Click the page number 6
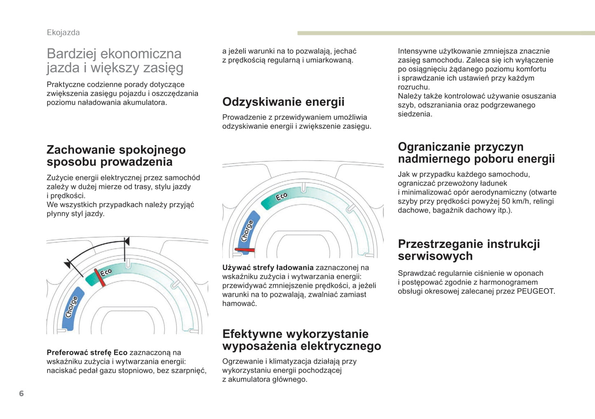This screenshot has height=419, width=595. (21, 394)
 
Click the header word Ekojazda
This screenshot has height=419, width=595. (63, 32)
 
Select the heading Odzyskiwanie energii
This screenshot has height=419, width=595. (283, 102)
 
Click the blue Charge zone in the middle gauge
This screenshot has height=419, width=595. (248, 230)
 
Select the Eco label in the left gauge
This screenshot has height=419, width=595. (106, 272)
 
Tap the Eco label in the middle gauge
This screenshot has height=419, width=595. (281, 196)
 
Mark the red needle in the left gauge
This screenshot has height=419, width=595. (100, 278)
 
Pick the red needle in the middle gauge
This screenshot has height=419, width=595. (245, 250)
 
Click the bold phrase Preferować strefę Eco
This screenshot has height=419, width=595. (87, 352)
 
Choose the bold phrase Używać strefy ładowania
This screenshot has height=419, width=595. (268, 268)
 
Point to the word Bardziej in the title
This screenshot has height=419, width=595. (72, 53)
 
